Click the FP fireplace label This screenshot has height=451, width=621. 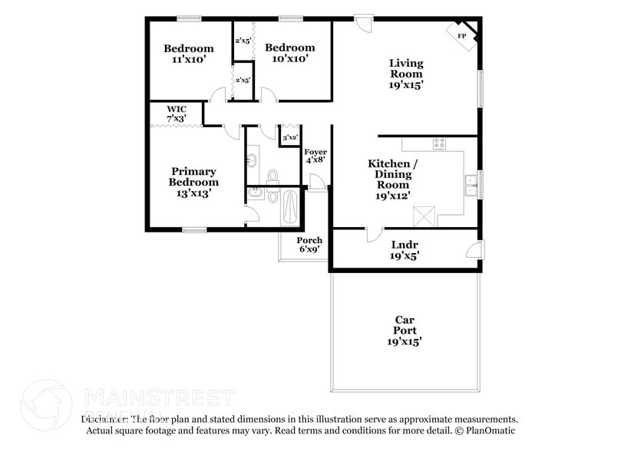click(461, 36)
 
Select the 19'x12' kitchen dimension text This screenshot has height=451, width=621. click(392, 196)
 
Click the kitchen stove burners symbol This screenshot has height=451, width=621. click(439, 143)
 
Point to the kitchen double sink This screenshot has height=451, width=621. click(471, 184)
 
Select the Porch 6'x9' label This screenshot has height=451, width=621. click(309, 245)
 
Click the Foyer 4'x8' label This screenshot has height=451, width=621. click(315, 156)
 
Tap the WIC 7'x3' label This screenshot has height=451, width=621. click(177, 114)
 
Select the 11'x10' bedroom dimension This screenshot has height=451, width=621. click(188, 58)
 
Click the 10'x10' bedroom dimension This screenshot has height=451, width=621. click(289, 58)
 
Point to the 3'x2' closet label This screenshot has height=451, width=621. click(289, 137)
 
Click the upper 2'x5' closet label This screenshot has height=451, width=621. click(243, 40)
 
